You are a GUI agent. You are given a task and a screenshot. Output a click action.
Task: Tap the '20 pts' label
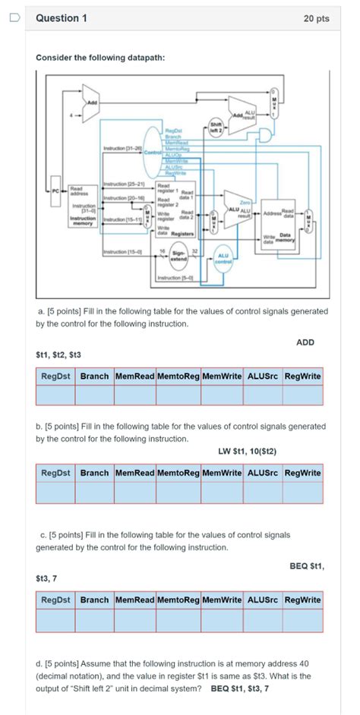tap(316, 18)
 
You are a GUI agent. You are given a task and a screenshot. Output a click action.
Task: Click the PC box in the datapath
tap(55, 191)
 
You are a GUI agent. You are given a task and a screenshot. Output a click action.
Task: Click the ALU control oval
tap(223, 256)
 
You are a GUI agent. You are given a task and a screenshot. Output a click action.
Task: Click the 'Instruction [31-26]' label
tap(118, 148)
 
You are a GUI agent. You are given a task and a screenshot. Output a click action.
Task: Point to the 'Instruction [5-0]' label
tap(174, 279)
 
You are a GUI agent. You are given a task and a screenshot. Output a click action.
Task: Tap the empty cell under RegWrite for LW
tap(302, 493)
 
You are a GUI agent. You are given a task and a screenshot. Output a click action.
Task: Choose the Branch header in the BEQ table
tap(94, 600)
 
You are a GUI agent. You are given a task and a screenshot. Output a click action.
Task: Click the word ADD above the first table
tap(305, 342)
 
